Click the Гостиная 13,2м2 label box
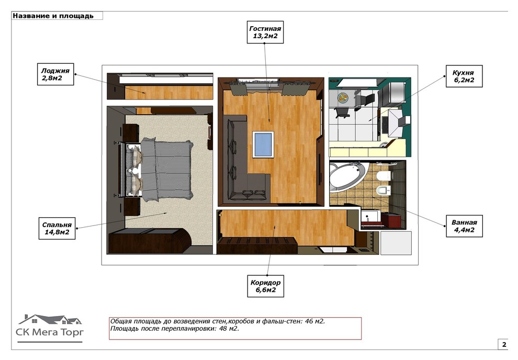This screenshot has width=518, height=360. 265,32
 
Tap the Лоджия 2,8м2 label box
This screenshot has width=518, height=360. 55,74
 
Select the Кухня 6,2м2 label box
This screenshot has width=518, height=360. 464,76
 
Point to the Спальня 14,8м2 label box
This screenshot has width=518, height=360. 57,228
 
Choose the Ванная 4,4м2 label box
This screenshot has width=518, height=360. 464,226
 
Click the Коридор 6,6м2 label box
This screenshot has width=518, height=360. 265,286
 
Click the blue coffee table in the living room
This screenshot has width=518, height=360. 263,144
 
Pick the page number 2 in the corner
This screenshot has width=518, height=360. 504,344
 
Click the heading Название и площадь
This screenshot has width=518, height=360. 53,16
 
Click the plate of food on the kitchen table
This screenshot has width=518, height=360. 343,97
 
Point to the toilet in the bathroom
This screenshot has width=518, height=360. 384,175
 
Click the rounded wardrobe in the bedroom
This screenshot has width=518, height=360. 150,241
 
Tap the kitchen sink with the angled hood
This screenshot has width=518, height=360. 395,122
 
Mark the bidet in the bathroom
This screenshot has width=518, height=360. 384,190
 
